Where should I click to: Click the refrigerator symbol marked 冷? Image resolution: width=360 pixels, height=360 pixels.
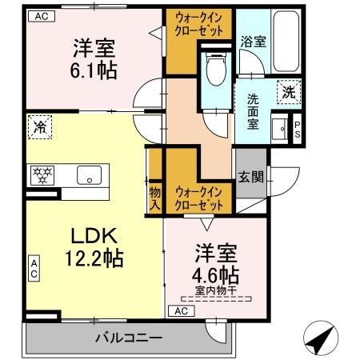38,126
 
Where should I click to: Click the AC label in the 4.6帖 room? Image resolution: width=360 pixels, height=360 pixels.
182,310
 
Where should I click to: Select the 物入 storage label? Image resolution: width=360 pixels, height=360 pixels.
155,198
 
